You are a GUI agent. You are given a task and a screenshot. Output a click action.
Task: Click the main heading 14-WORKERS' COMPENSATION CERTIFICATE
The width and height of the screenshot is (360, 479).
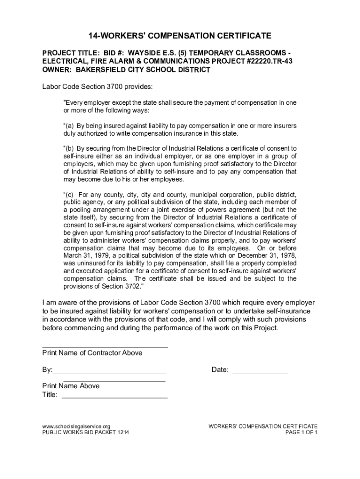pyautogui.click(x=180, y=36)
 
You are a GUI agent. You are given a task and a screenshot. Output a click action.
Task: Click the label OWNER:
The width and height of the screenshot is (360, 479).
pyautogui.click(x=56, y=70)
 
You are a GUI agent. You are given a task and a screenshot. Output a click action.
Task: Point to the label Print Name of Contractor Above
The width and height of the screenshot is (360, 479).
pyautogui.click(x=92, y=353)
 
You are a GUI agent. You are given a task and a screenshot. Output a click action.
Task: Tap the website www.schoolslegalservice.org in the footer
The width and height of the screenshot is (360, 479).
pyautogui.click(x=76, y=426)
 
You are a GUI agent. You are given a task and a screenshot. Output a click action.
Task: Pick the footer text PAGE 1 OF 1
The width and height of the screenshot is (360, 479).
pyautogui.click(x=302, y=433)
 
